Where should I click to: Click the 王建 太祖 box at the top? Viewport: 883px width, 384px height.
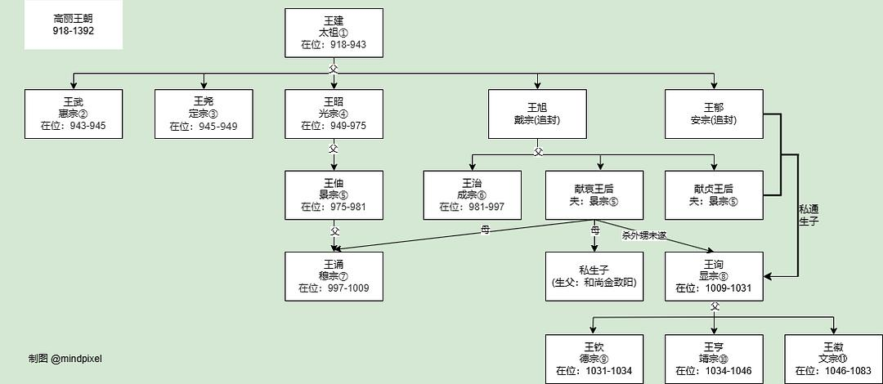(334, 33)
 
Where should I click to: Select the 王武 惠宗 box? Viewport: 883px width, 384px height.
(74, 114)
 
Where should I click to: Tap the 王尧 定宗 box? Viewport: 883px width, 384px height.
(204, 114)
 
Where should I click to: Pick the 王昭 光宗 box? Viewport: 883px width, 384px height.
(334, 114)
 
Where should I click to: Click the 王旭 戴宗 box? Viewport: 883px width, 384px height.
(537, 114)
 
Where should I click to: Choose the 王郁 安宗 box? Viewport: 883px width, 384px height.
(714, 114)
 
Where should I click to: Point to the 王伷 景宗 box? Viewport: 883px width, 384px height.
(334, 194)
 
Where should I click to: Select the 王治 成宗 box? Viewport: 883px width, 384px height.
(472, 194)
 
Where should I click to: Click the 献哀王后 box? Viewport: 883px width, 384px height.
(594, 194)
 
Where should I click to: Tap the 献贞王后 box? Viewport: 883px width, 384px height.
(714, 194)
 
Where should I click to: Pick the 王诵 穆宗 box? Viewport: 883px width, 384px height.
(334, 275)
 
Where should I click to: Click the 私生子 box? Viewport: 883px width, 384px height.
(594, 275)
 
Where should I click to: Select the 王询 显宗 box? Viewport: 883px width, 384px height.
(714, 275)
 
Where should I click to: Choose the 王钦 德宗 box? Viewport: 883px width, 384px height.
(594, 359)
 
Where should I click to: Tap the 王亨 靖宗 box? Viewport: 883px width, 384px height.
(714, 359)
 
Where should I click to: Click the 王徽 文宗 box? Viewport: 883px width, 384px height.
(833, 359)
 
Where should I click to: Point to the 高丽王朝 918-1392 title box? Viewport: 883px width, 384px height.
(74, 25)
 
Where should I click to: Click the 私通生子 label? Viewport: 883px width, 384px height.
(809, 214)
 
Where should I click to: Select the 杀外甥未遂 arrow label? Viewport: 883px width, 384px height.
(644, 235)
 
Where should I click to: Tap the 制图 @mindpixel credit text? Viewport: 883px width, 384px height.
(65, 358)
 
